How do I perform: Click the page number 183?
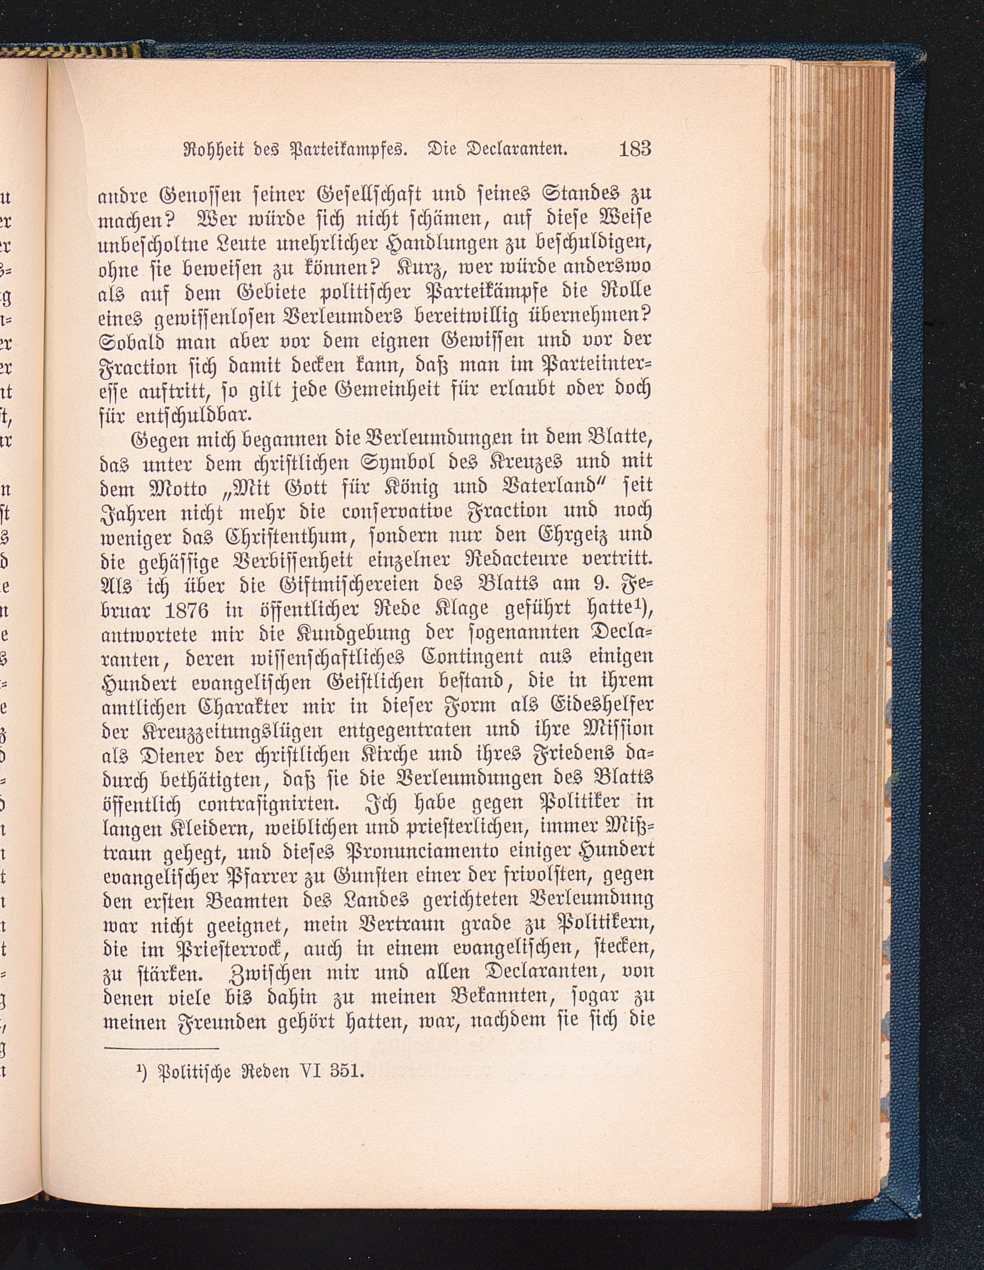coord(634,149)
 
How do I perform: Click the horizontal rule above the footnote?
coord(161,1048)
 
